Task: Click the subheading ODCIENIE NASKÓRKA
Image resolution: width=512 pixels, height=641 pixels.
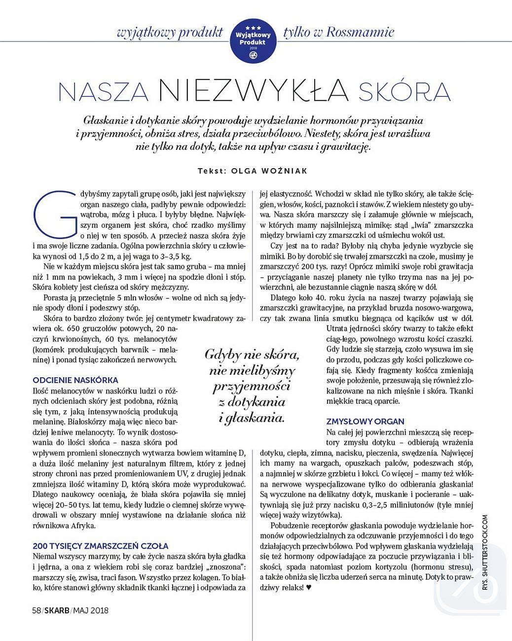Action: click(x=75, y=380)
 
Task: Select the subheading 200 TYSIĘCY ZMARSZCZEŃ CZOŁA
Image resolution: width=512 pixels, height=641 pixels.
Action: click(x=100, y=546)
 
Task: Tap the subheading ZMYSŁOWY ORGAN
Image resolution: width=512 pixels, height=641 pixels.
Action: click(x=365, y=421)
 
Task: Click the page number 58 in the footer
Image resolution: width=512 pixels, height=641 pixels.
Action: click(x=36, y=610)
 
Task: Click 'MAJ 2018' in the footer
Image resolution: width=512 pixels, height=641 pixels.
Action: click(x=91, y=610)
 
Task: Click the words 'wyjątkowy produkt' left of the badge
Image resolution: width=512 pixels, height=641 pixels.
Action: click(x=170, y=33)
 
